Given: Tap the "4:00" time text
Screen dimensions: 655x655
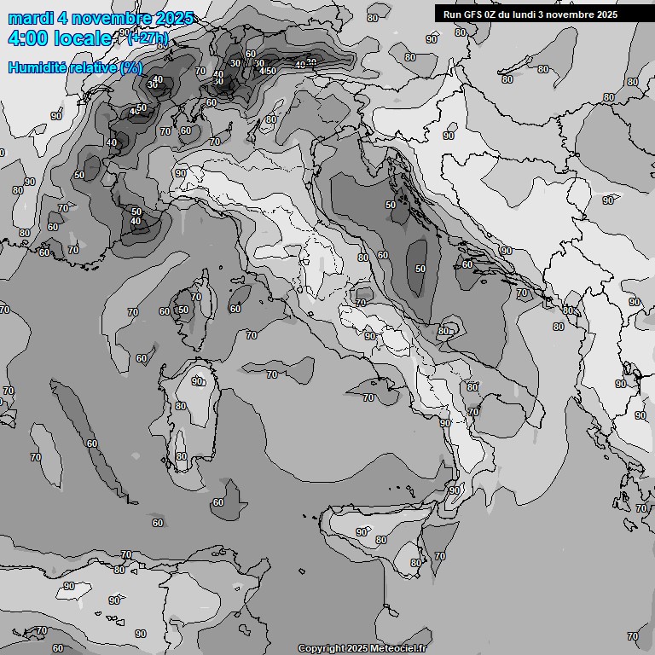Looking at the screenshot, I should point(27,38).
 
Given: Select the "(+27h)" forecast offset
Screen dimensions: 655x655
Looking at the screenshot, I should point(148,38).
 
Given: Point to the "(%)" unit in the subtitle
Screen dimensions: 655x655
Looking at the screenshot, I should point(131,67).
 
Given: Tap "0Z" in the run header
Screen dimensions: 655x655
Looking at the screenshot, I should point(494,14).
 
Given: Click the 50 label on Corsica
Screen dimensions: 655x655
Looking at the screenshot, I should point(183,310).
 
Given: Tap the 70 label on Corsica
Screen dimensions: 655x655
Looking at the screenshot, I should point(196,298).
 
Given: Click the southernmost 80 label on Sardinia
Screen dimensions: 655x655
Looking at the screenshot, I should point(181,457).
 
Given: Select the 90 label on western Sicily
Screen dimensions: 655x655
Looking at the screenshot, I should point(362,532).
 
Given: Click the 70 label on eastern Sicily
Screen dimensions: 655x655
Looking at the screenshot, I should point(439,556).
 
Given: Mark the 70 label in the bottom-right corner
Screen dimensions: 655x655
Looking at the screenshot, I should point(632,636).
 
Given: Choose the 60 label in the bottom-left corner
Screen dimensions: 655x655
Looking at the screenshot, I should point(57,648).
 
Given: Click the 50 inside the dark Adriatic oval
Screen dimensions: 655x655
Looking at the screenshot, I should point(420,269).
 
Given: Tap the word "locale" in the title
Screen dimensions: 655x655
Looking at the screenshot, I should point(83,38).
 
